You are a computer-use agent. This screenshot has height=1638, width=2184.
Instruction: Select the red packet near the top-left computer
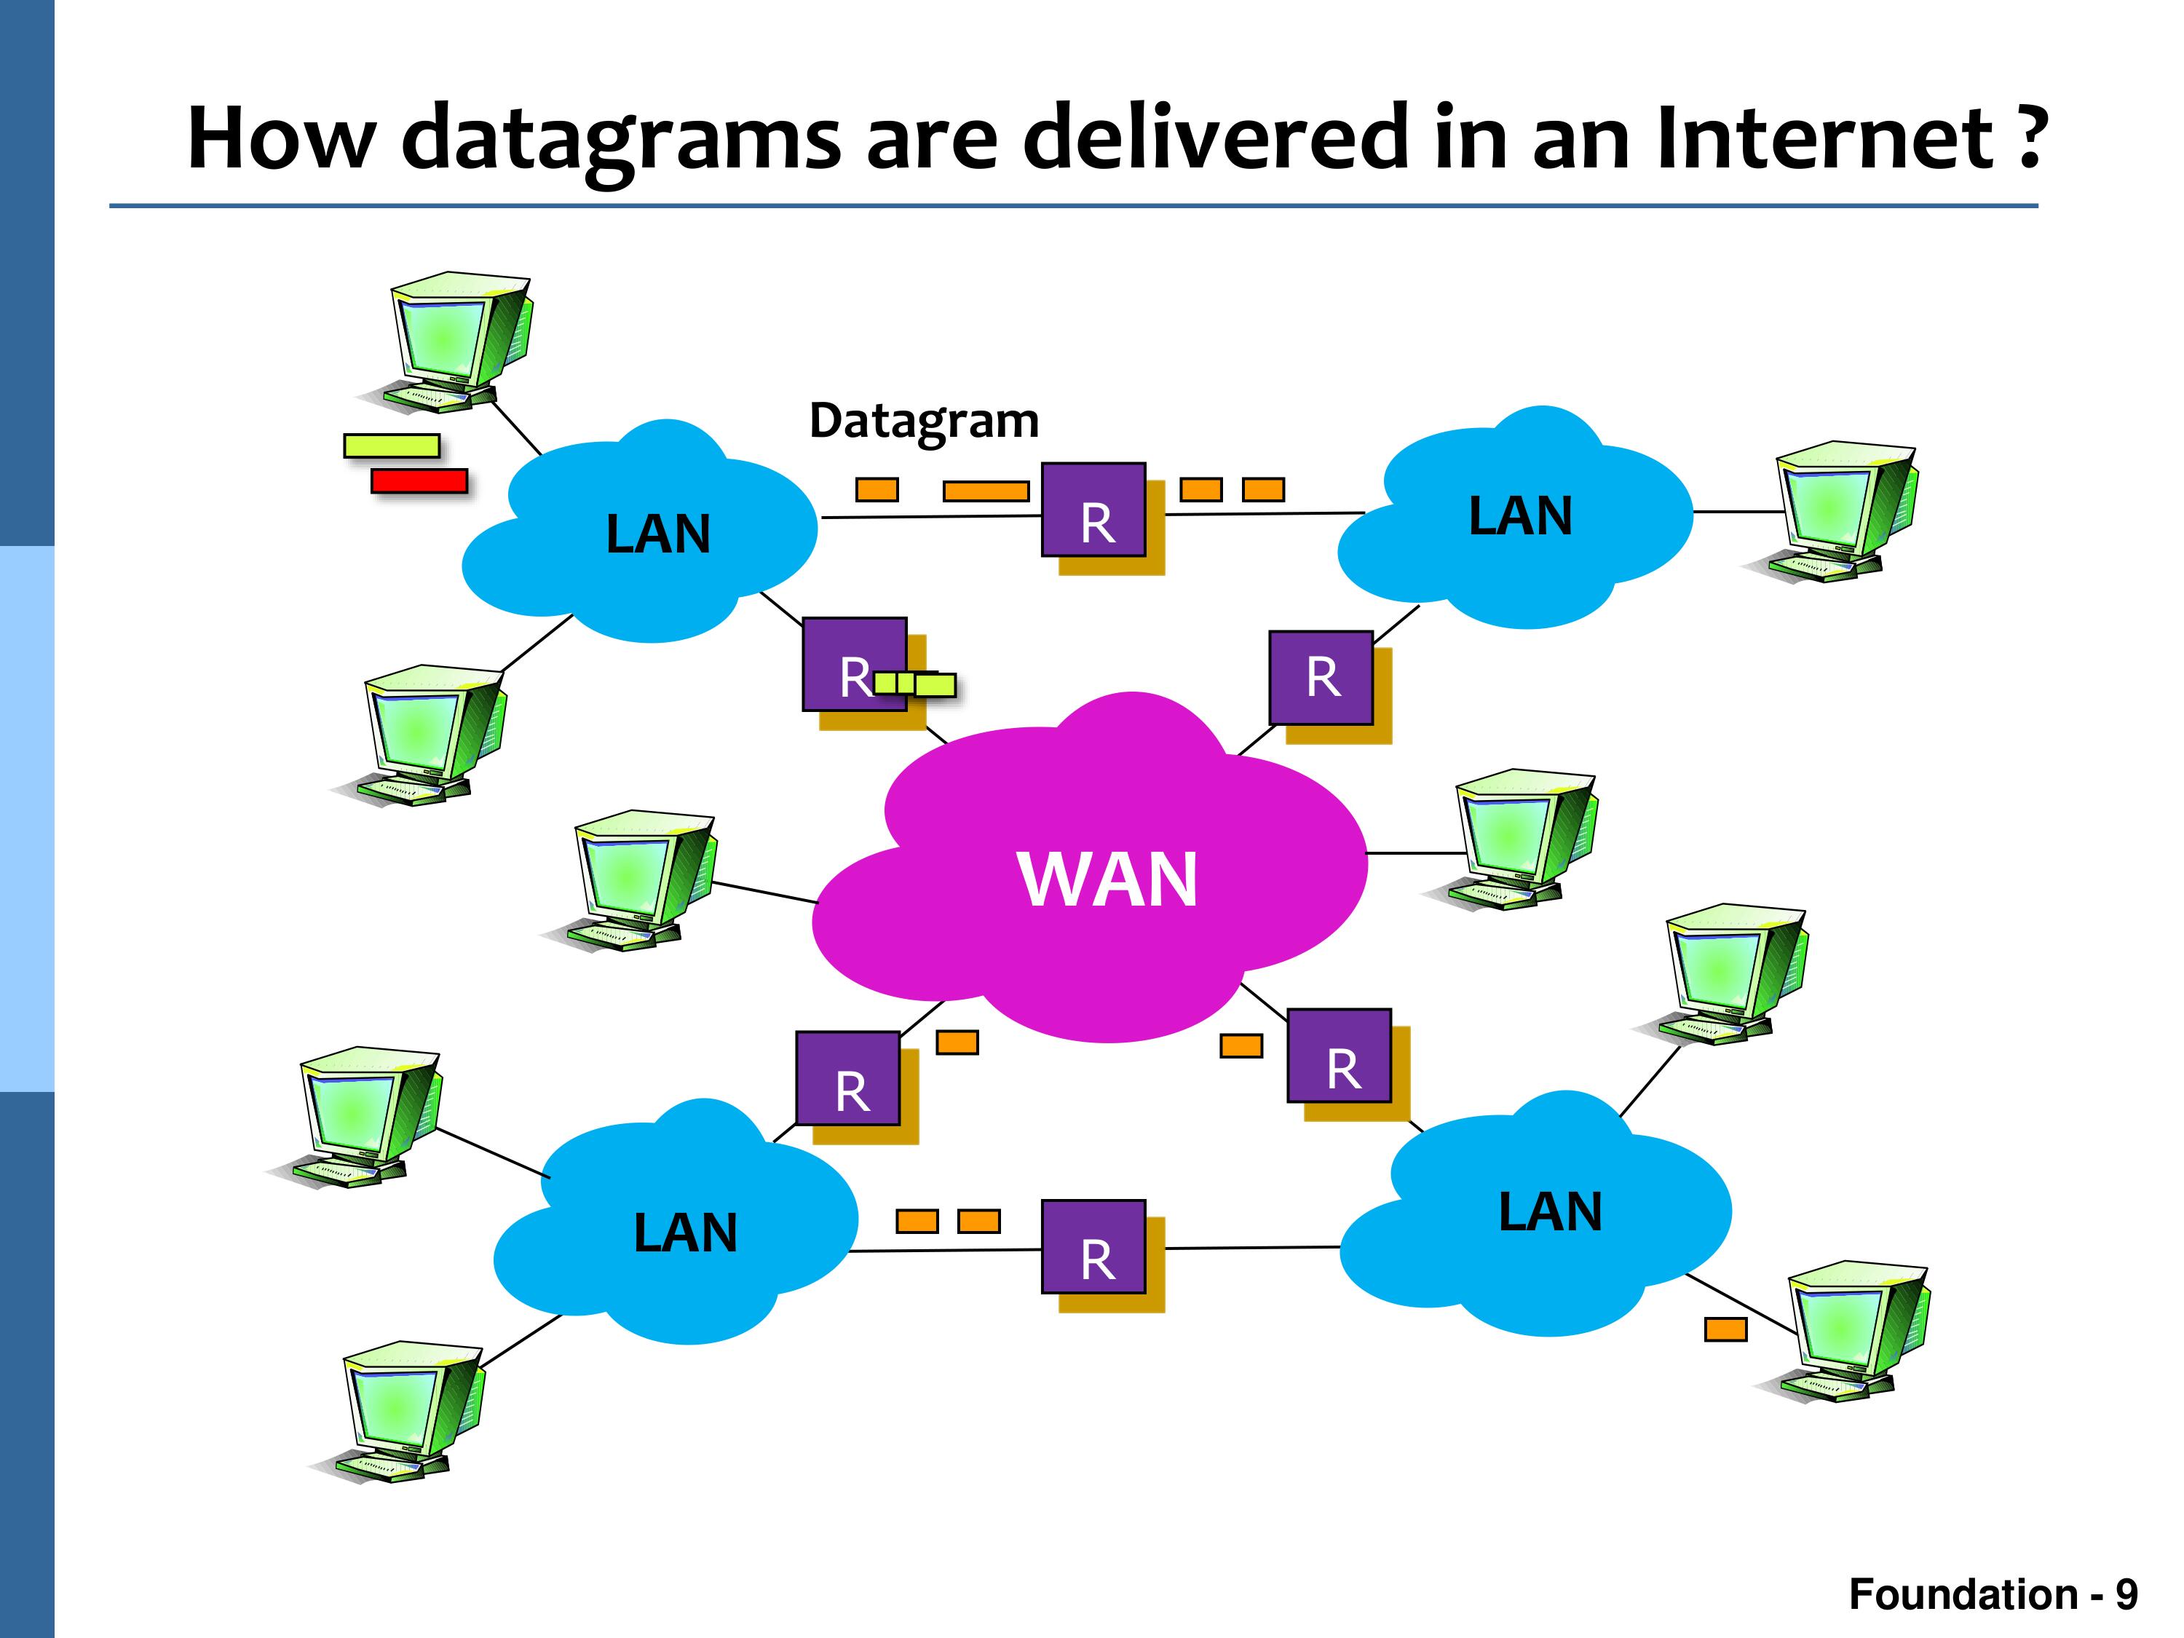tap(419, 480)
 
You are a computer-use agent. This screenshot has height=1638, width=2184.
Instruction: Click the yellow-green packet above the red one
tap(391, 446)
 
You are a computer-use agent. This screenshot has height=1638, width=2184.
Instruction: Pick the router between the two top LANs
tap(1094, 510)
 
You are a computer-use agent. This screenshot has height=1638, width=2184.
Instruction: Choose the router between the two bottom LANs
tap(1094, 1247)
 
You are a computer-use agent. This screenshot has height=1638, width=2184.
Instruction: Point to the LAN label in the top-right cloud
tap(1521, 516)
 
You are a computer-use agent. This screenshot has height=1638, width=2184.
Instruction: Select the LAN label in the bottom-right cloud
tap(1550, 1211)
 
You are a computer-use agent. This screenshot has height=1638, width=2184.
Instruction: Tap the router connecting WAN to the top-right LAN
tap(1321, 678)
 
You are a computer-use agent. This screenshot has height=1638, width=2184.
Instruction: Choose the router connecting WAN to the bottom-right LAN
tap(1340, 1056)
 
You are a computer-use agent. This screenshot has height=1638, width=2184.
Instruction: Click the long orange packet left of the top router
tap(986, 491)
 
